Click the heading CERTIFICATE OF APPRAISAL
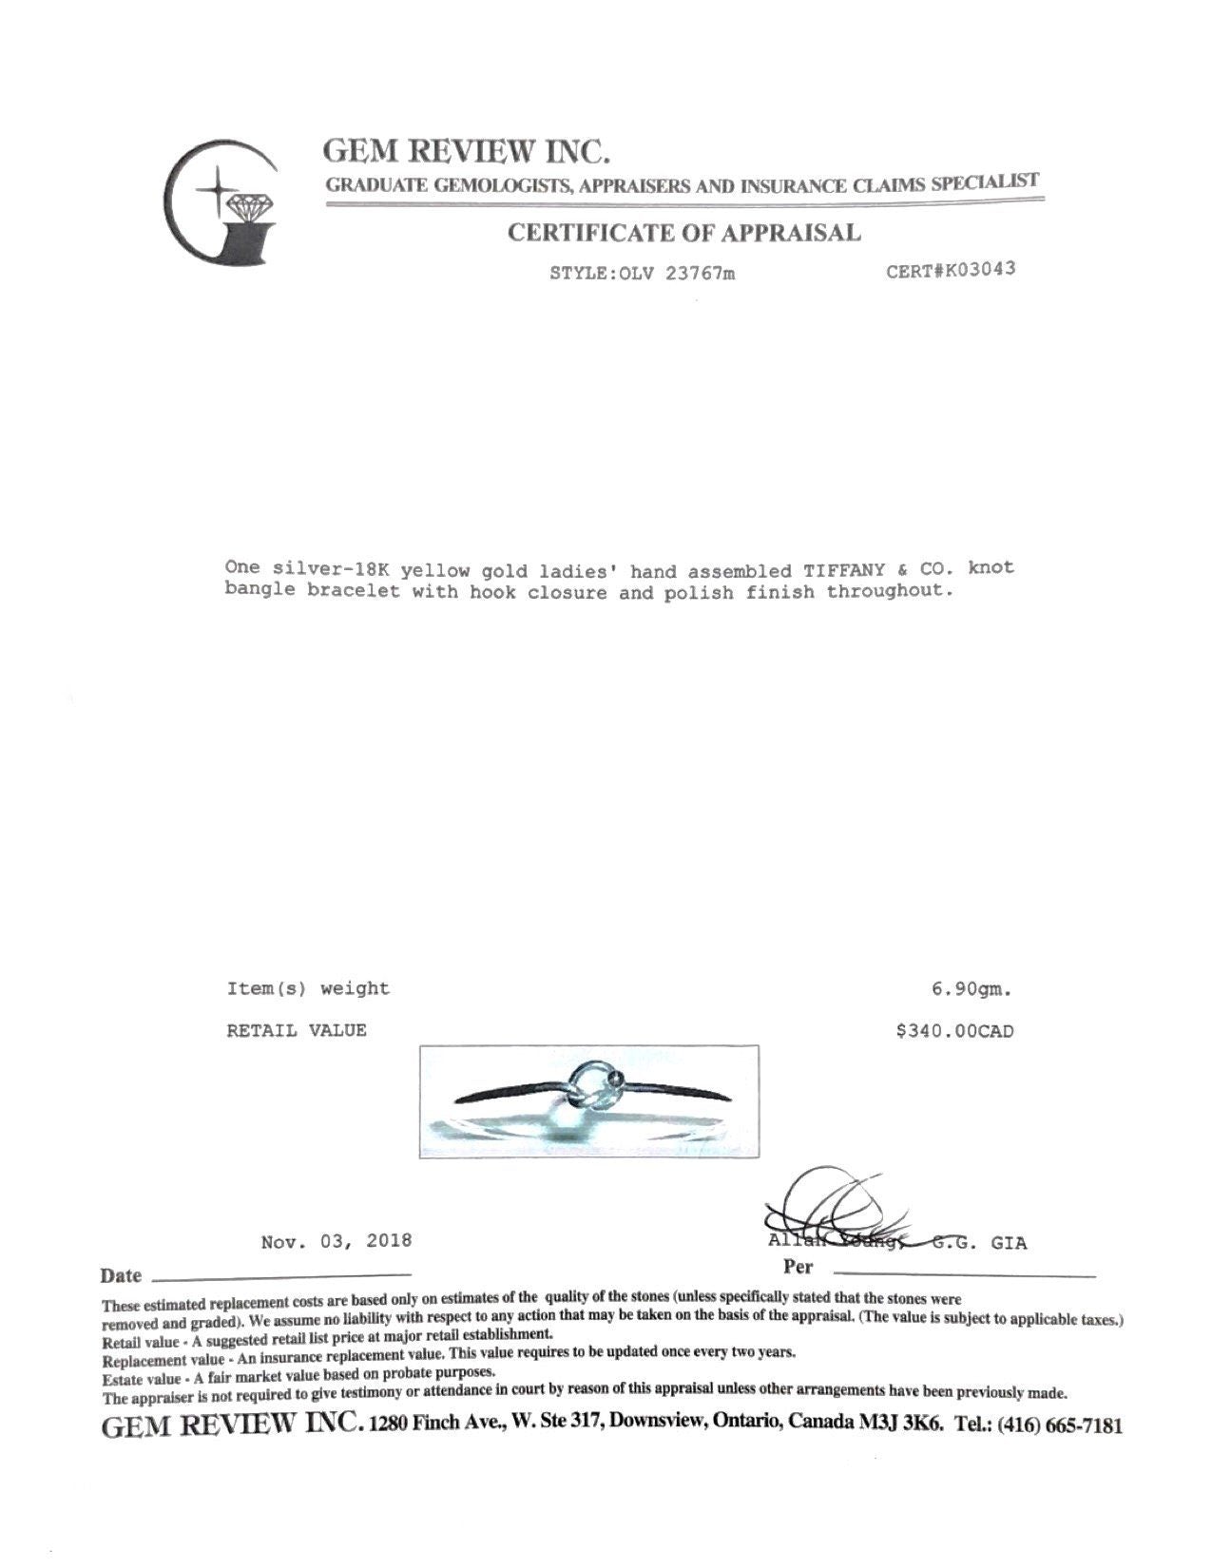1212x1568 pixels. coord(683,233)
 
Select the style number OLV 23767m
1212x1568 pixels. coord(676,274)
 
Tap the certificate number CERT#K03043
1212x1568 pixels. coord(951,269)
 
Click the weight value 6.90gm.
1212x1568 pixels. coord(972,989)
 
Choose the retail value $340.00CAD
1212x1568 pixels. coord(954,1031)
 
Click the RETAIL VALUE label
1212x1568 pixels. coord(296,1030)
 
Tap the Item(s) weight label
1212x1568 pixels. coord(308,988)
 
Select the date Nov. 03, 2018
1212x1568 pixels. coord(337,1241)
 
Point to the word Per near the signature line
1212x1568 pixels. coord(798,1267)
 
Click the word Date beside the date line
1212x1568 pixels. coord(121,1275)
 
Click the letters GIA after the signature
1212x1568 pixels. coord(1009,1243)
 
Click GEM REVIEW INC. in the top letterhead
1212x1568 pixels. coord(467,150)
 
